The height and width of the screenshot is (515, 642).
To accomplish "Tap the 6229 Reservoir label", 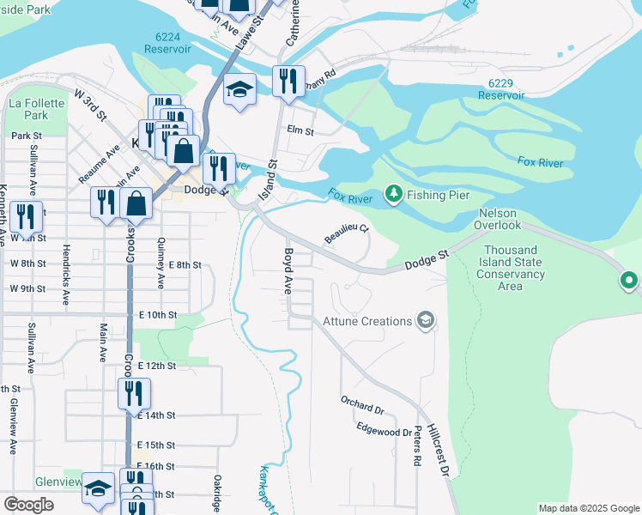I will coord(506,89).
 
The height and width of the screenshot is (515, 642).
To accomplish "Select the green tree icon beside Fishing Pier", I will coord(393,195).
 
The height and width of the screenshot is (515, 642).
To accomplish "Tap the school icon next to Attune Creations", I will coord(424,321).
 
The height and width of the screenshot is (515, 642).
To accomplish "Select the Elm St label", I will coord(300,131).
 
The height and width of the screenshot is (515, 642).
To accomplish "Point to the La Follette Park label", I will coord(28,109).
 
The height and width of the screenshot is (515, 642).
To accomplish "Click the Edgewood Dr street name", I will coord(384,429).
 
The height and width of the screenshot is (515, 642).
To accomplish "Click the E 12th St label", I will coord(156,366).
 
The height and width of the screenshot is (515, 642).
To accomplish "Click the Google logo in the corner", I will coord(28,505).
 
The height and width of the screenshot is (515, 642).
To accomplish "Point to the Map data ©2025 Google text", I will coord(588,508).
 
